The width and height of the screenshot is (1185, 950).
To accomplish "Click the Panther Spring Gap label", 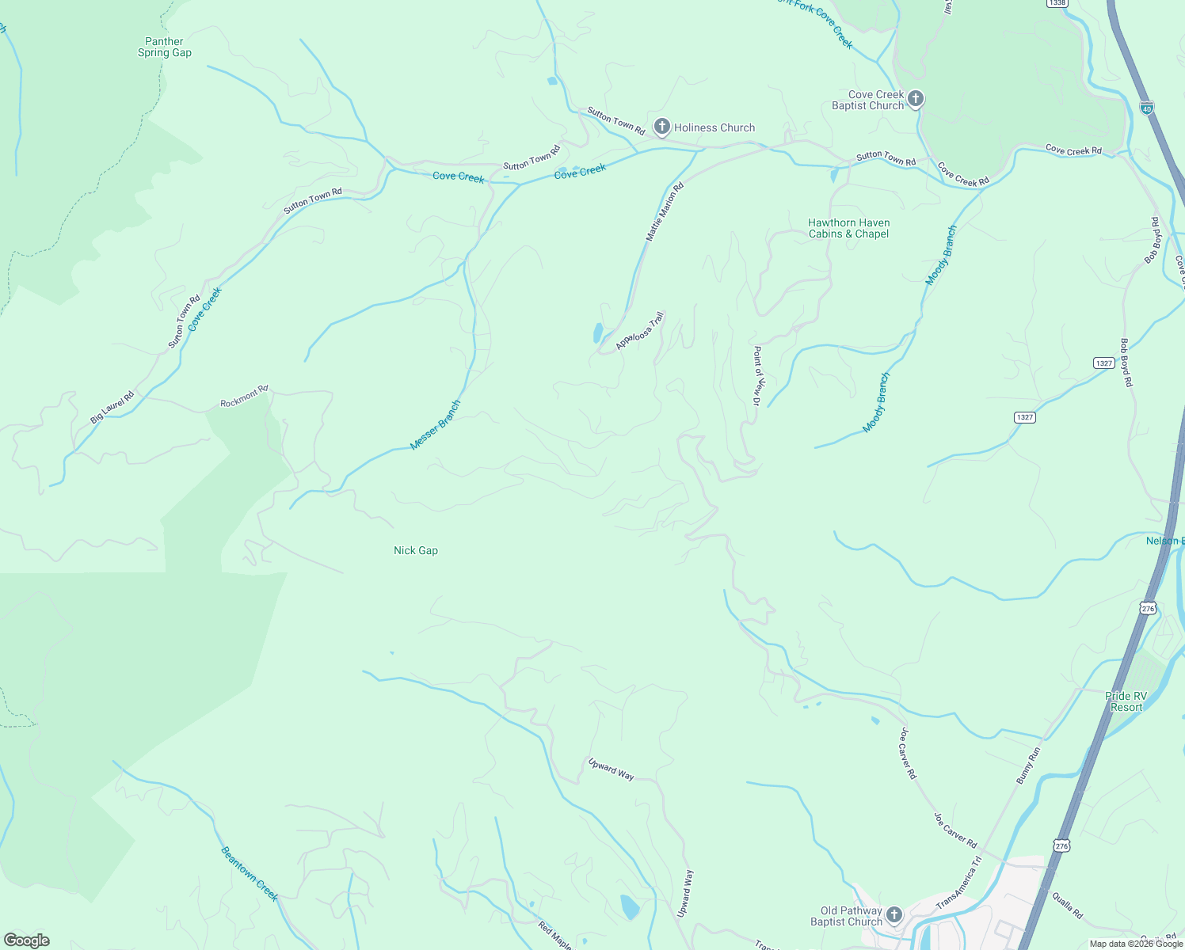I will click(x=165, y=47).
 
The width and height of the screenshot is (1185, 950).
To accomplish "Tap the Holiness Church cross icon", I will click(x=661, y=127).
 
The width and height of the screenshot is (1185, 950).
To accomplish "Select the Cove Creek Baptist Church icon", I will click(x=916, y=99).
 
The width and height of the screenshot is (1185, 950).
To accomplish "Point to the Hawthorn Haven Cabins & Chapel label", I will click(x=848, y=228).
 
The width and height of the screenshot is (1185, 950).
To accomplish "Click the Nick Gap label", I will click(x=416, y=550).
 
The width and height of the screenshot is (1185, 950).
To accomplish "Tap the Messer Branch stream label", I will click(x=436, y=426).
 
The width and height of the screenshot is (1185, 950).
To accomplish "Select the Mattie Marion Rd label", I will click(x=664, y=213).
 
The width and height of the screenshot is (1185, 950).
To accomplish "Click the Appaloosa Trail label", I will click(x=639, y=330).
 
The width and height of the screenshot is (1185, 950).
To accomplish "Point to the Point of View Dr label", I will click(x=757, y=376).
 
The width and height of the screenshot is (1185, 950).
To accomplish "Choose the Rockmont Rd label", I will click(x=244, y=397).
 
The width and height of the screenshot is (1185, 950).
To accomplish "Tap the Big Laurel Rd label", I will click(x=112, y=407).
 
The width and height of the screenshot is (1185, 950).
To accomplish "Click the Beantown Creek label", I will click(x=250, y=874).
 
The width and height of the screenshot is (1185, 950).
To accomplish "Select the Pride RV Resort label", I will click(x=1126, y=701).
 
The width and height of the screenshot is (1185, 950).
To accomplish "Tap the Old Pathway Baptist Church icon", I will click(x=894, y=916).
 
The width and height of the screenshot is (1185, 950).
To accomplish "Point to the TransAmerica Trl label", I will click(x=958, y=883).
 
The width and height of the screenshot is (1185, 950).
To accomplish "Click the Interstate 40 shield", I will click(x=1146, y=106).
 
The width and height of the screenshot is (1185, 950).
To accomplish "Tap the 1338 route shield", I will click(x=1057, y=3).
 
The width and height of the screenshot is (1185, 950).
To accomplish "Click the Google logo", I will click(x=27, y=940).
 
